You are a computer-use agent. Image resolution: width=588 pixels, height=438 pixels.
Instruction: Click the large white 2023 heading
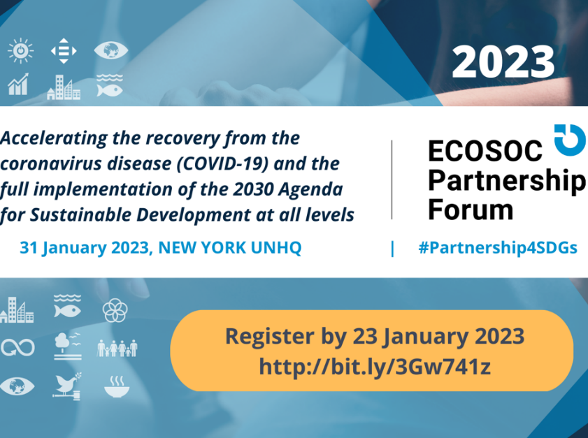(x=503, y=61)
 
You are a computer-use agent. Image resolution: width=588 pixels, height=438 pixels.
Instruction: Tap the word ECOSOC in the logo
(x=485, y=151)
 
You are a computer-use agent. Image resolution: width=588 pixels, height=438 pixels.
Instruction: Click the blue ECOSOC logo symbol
(x=570, y=140)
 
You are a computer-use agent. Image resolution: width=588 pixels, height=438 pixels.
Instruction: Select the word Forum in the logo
(x=471, y=210)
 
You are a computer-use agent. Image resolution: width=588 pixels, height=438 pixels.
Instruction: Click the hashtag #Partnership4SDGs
(x=498, y=248)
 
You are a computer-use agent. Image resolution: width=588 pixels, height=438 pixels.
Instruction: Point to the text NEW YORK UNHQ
(x=230, y=248)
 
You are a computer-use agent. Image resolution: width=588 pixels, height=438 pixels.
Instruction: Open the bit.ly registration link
(x=375, y=367)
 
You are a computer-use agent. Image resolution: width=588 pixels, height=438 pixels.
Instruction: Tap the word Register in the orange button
(x=270, y=337)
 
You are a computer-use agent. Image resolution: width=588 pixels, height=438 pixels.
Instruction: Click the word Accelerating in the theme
(x=54, y=138)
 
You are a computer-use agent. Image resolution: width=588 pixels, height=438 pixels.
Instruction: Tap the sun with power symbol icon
(x=20, y=50)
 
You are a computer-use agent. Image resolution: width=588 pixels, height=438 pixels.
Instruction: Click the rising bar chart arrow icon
(x=18, y=84)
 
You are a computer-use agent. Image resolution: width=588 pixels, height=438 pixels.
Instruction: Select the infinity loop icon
(x=17, y=348)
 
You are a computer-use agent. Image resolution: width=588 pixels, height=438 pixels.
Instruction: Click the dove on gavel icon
(x=67, y=386)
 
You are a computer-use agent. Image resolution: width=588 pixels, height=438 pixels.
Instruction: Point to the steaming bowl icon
(x=117, y=386)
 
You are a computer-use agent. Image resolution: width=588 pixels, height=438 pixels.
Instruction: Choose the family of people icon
(x=117, y=348)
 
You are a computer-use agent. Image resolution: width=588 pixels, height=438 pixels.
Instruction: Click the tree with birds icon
(x=68, y=346)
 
